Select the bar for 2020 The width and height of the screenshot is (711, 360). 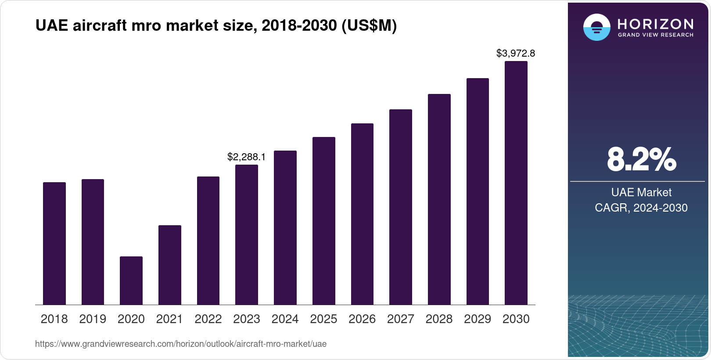coord(131,281)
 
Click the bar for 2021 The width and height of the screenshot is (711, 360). coord(170,265)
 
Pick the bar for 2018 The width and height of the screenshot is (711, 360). coord(54,243)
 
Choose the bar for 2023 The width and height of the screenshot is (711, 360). coord(247,234)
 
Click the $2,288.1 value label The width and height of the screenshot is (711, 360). coord(246,157)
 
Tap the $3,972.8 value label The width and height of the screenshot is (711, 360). coord(516,54)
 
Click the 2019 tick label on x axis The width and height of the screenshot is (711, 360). coord(93,319)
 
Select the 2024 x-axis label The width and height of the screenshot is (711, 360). coord(285,319)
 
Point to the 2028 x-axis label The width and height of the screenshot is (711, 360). coord(439,319)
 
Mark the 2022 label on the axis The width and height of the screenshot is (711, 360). coord(208,319)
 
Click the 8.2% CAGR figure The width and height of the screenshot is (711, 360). coord(641,160)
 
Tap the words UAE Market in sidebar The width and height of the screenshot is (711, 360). coord(641,192)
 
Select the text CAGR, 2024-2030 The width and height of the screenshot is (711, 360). coord(641,208)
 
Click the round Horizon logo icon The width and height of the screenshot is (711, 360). coord(596,27)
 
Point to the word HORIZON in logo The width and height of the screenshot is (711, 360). coord(655,24)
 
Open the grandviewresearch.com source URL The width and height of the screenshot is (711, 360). coord(181,344)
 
